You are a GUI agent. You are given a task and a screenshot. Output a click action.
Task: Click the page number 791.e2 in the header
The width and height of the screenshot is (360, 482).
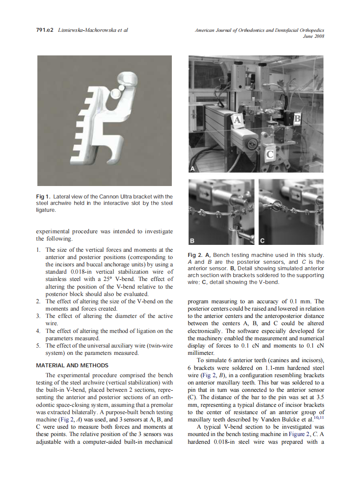[44, 30]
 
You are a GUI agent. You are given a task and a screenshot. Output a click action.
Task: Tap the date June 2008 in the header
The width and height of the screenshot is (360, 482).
[314, 36]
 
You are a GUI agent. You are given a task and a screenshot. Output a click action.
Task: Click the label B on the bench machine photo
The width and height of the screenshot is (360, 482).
[297, 118]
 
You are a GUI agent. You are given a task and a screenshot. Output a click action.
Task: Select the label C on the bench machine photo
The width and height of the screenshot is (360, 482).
[269, 153]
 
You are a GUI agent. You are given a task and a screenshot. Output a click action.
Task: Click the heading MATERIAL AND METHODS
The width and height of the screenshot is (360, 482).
[72, 366]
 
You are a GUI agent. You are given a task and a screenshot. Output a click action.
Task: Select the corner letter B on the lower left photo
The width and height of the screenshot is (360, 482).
[192, 240]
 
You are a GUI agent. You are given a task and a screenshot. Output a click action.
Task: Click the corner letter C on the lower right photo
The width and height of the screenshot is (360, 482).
[262, 240]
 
